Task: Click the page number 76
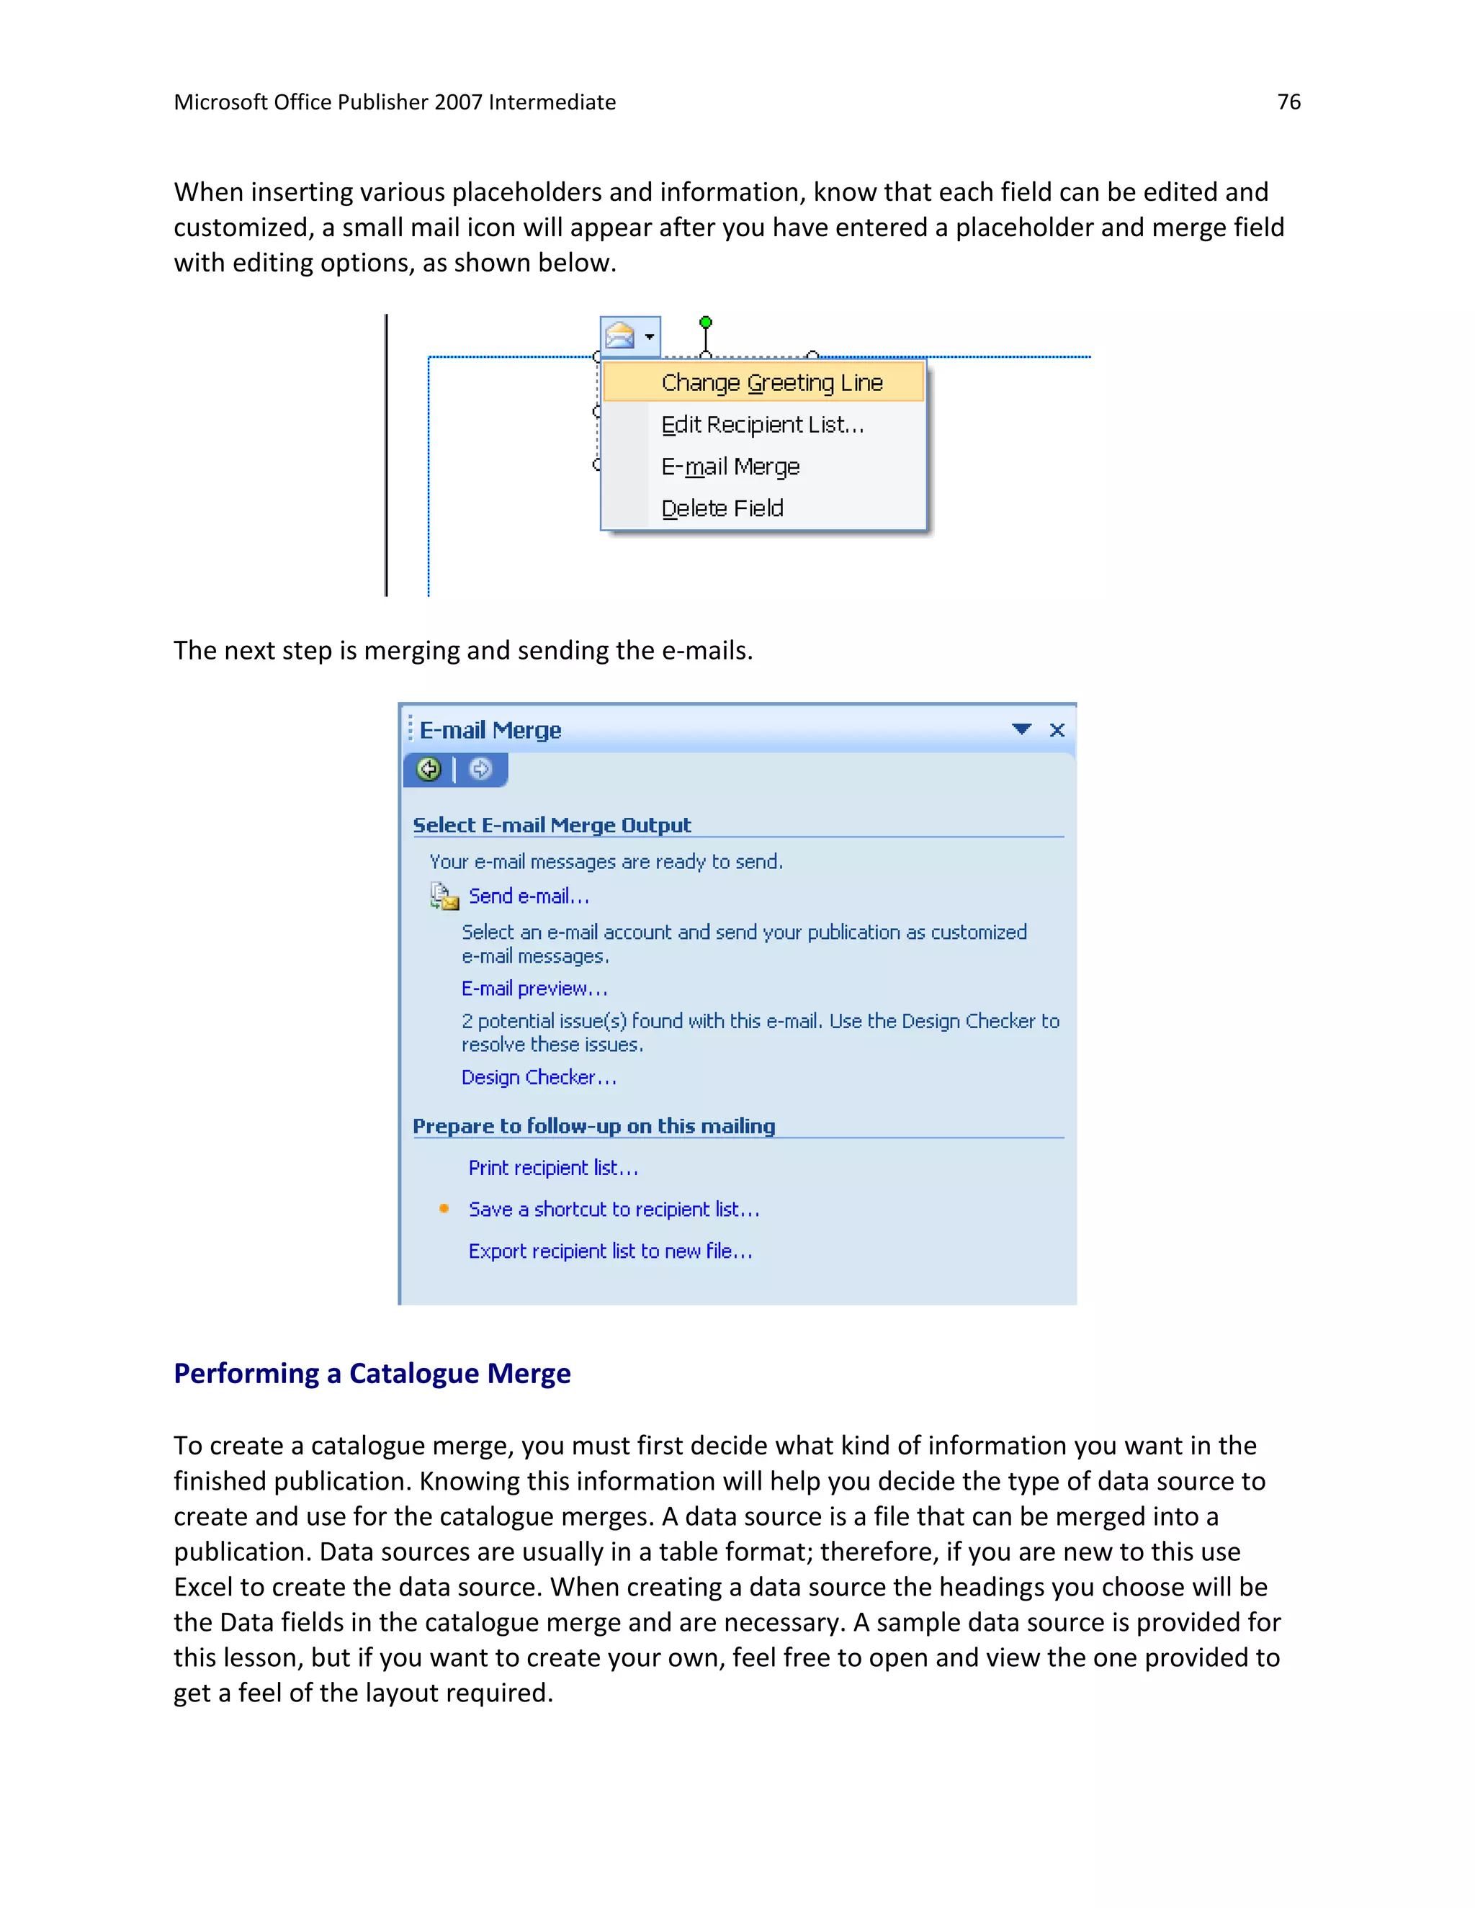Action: click(1288, 102)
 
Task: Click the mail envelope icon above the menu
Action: click(619, 336)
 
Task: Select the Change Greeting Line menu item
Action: click(771, 382)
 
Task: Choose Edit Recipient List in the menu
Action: click(762, 425)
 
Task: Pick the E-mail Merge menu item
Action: click(730, 467)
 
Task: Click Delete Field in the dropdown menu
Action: click(722, 508)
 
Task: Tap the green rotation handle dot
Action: click(706, 323)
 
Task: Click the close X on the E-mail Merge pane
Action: click(1057, 729)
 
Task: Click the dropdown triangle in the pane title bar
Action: click(1021, 729)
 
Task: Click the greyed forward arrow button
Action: click(480, 769)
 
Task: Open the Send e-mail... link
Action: click(529, 896)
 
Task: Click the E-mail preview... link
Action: click(534, 989)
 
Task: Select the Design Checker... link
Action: click(538, 1078)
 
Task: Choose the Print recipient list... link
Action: click(553, 1168)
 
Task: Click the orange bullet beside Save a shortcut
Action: click(444, 1208)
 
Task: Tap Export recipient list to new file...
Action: click(610, 1251)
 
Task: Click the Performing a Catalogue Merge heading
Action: click(372, 1373)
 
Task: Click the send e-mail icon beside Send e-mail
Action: click(444, 896)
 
